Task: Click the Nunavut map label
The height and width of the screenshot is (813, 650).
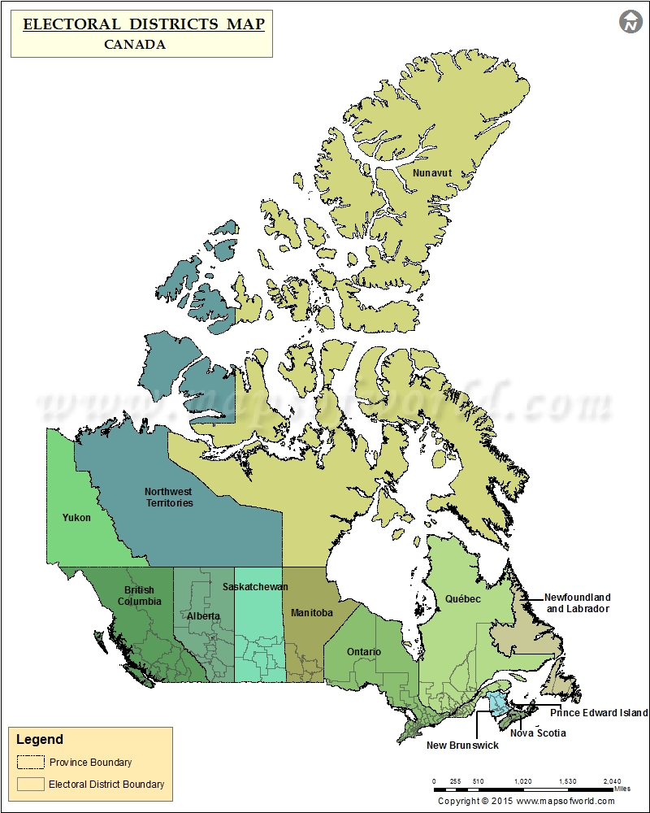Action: pyautogui.click(x=431, y=173)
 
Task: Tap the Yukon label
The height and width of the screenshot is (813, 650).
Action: pyautogui.click(x=76, y=517)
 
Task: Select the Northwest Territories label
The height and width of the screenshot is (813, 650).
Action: pyautogui.click(x=169, y=497)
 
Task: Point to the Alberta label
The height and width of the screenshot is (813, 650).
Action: pyautogui.click(x=202, y=615)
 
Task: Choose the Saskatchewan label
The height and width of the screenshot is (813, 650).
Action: pyautogui.click(x=255, y=586)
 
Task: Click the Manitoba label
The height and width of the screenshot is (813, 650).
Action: pyautogui.click(x=312, y=613)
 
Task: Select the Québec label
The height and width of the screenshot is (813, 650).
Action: pyautogui.click(x=462, y=599)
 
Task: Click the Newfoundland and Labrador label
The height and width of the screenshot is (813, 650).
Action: pyautogui.click(x=578, y=603)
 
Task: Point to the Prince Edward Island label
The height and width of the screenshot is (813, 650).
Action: pyautogui.click(x=599, y=713)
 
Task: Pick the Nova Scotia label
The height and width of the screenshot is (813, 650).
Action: pyautogui.click(x=538, y=733)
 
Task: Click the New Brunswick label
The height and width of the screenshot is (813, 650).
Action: pyautogui.click(x=463, y=745)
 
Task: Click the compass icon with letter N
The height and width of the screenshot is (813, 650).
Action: pyautogui.click(x=630, y=22)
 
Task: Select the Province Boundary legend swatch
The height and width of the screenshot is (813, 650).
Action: pyautogui.click(x=31, y=763)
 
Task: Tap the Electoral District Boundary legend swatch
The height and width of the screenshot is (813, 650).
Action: pyautogui.click(x=31, y=785)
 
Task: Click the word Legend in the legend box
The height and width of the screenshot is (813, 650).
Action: pyautogui.click(x=40, y=740)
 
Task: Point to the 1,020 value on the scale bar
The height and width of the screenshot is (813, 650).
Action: pyautogui.click(x=523, y=781)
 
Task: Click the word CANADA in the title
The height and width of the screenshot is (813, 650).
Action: pyautogui.click(x=135, y=45)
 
